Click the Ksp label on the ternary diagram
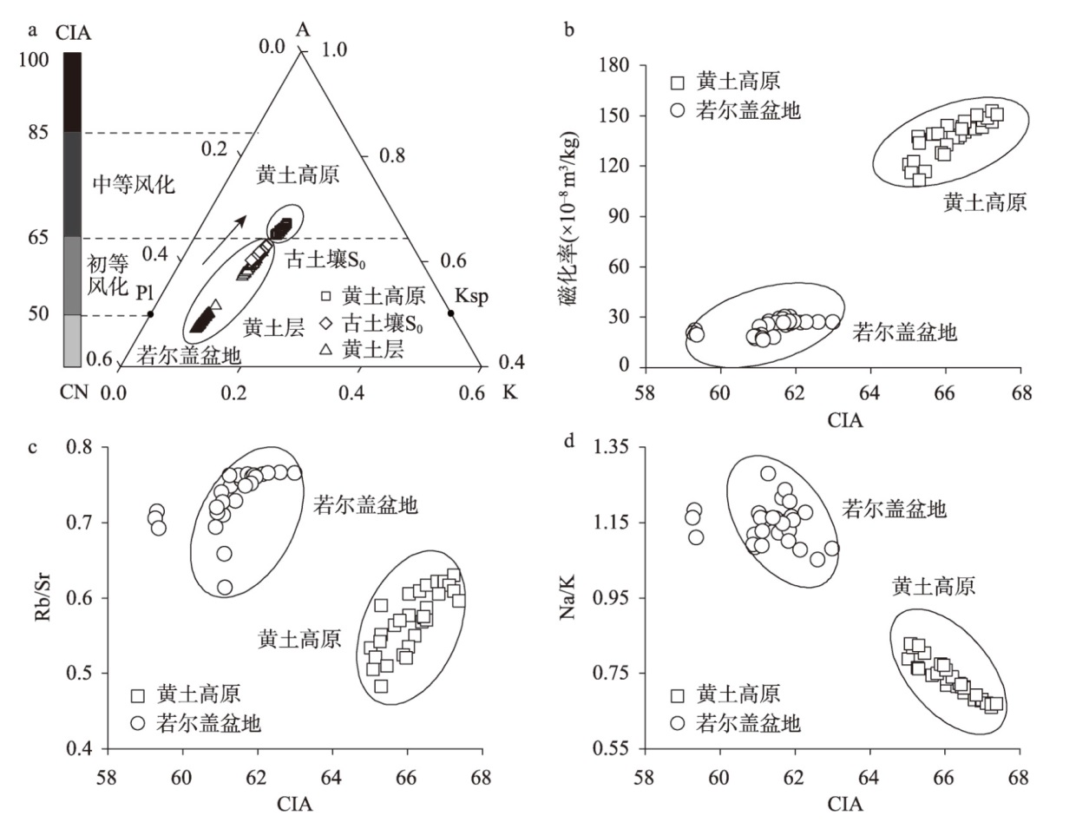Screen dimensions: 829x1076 tap(471, 297)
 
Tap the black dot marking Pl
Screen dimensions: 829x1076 tap(150, 313)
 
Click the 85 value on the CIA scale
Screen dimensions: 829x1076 tap(37, 133)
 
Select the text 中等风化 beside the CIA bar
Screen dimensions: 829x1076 tap(134, 184)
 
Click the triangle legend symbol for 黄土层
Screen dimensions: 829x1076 tap(325, 349)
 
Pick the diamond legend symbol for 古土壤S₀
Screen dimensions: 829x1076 tap(325, 324)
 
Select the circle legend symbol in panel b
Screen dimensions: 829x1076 tap(678, 110)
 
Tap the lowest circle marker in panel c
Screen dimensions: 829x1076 tap(225, 588)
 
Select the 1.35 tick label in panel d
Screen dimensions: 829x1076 tap(613, 448)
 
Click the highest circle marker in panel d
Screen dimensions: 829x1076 tap(768, 474)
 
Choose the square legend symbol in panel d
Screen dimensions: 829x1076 tap(678, 694)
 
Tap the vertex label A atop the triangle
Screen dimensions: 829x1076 tap(302, 30)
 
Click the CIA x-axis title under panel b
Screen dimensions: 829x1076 tap(844, 420)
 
